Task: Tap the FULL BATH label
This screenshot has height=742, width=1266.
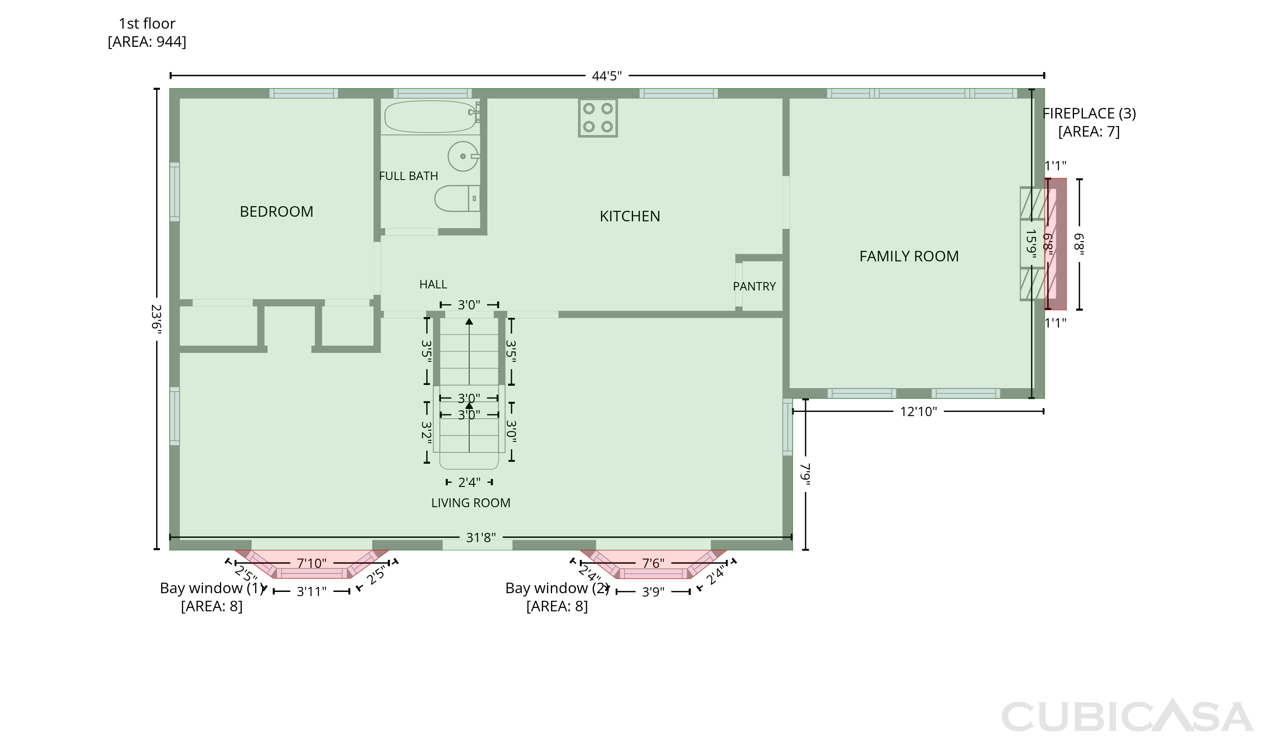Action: coord(408,176)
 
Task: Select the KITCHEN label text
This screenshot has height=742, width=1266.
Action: coord(630,216)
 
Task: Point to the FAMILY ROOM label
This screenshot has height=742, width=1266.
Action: coord(909,256)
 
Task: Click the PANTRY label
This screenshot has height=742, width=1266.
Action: coord(754,287)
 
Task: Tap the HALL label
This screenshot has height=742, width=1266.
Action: coord(433,285)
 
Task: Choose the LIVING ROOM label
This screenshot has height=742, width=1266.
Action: coord(471,503)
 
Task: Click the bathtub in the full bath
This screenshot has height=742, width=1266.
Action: coord(431,116)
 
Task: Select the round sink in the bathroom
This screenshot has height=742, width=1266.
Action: coord(463,156)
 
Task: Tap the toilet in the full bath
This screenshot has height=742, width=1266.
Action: coord(457,198)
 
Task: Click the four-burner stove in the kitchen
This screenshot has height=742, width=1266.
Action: coord(598,118)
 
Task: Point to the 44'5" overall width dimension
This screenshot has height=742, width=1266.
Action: coord(607,76)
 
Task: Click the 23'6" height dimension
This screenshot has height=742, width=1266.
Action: coord(157,318)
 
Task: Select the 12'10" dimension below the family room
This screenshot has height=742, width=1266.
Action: coord(918,411)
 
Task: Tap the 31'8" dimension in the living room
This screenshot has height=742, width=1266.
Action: coord(481,538)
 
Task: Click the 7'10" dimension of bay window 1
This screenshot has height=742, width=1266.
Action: coord(311,563)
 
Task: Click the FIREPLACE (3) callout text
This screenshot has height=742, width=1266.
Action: coord(1089,113)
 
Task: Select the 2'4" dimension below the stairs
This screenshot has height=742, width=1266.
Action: coord(469,482)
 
